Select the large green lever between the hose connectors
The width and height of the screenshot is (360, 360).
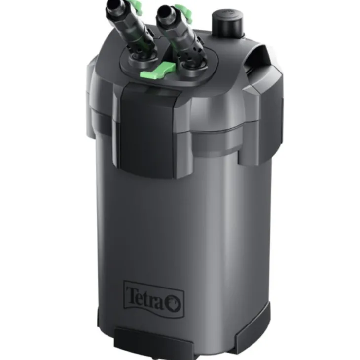tap(158, 71)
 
